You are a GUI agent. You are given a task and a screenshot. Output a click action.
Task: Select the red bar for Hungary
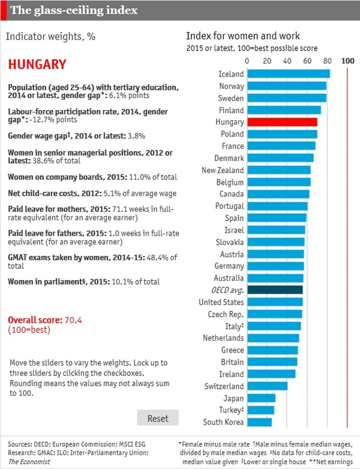[282, 122]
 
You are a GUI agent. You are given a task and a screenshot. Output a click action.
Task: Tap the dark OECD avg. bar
[275, 290]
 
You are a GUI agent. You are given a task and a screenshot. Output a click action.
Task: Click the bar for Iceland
[289, 74]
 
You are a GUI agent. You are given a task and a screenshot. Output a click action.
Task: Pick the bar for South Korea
[260, 422]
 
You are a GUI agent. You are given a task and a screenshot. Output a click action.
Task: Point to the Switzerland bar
[268, 386]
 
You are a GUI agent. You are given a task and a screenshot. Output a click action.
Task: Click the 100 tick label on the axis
[348, 61]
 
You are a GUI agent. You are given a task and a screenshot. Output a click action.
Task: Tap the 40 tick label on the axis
[287, 61]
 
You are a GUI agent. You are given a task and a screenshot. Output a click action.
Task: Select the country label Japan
[233, 398]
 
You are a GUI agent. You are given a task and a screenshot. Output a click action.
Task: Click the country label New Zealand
[223, 170]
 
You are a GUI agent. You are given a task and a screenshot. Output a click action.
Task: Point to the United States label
[221, 302]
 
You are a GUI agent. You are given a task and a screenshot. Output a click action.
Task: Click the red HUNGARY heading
[37, 64]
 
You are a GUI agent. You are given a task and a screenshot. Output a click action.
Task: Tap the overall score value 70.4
[73, 320]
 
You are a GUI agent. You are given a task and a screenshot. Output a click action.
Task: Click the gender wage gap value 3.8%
[136, 136]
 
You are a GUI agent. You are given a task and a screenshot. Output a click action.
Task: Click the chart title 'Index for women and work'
[243, 36]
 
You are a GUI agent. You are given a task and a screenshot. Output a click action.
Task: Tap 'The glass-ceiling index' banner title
[74, 10]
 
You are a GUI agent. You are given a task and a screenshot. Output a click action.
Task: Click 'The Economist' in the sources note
[29, 461]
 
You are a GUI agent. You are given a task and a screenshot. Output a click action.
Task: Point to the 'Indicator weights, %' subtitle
[51, 36]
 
